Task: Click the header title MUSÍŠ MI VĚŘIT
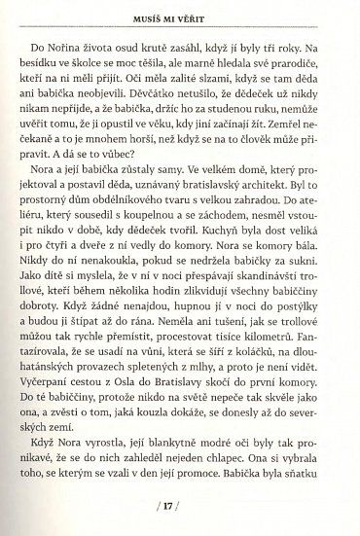point(180,14)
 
